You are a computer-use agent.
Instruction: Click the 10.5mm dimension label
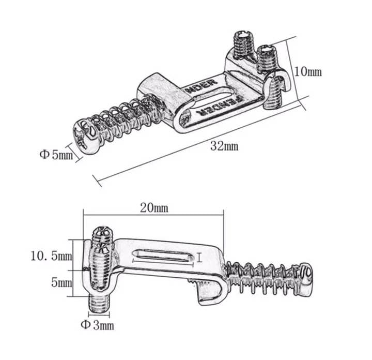pos(51,256)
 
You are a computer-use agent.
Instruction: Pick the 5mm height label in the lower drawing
pos(62,283)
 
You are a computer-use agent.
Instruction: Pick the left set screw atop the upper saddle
pos(242,42)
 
